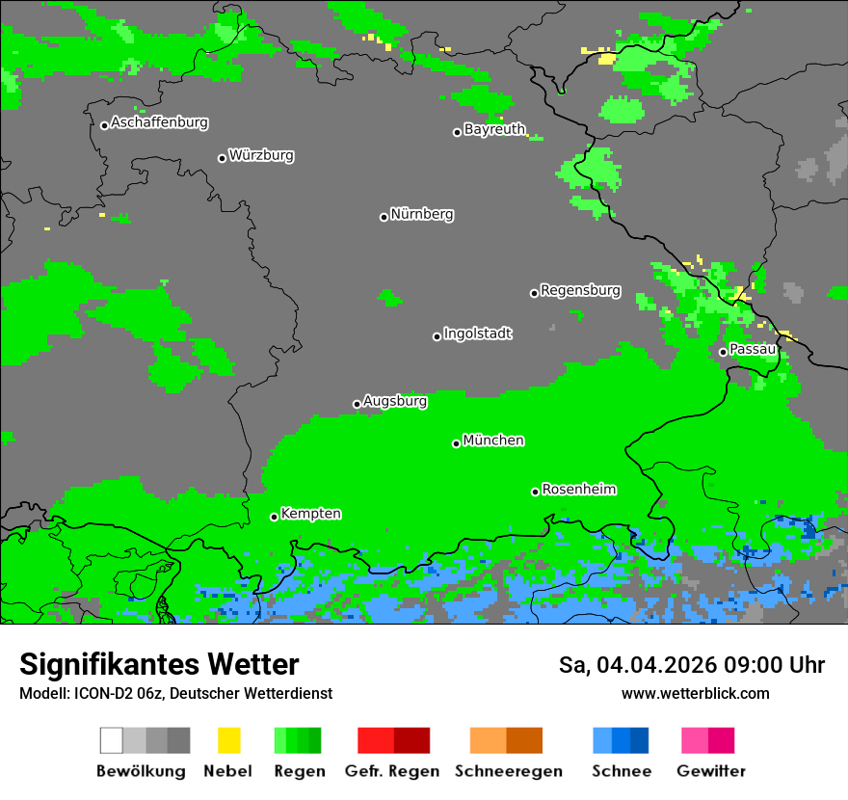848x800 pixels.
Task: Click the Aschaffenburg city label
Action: [159, 122]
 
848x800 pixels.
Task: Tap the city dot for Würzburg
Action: [222, 158]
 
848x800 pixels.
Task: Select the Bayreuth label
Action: [494, 129]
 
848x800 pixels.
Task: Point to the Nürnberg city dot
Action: [384, 217]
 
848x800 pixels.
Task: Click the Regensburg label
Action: [580, 290]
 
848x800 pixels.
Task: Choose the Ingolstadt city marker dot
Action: [437, 336]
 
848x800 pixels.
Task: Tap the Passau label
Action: [752, 349]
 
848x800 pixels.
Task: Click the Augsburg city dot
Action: [357, 404]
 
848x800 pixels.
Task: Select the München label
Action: [493, 440]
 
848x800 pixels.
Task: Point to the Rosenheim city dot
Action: [535, 492]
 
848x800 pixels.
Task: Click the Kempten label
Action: [310, 514]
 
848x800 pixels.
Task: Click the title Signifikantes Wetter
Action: [159, 664]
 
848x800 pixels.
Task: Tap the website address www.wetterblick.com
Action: [695, 693]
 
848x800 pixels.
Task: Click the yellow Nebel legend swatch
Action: [228, 740]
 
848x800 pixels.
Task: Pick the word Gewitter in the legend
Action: [711, 771]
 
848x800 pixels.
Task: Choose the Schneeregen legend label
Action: [509, 771]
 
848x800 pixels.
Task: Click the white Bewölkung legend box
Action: [112, 740]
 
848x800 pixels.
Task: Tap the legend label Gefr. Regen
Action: [391, 771]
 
